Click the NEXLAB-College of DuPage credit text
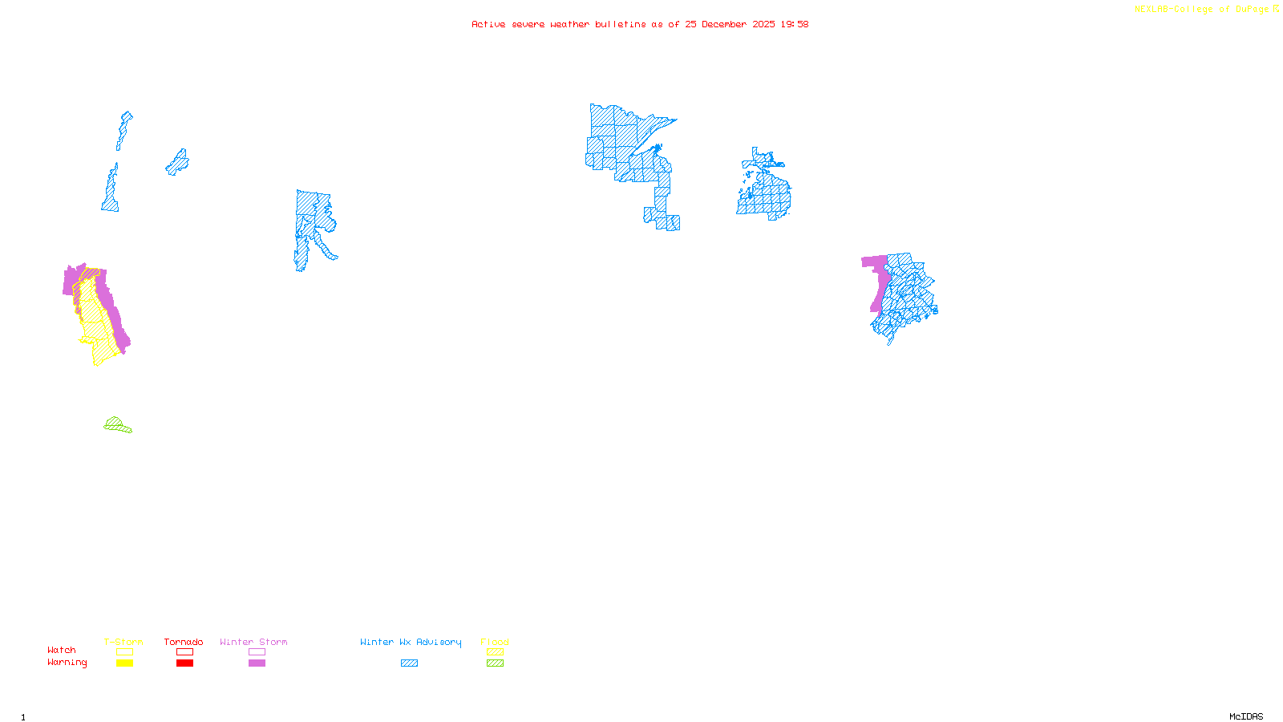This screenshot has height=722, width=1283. tap(1201, 10)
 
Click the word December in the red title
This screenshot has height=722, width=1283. tap(723, 24)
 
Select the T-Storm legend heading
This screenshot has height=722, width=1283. tap(123, 642)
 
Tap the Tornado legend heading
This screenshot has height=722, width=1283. tap(184, 642)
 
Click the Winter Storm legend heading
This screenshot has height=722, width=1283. tap(253, 642)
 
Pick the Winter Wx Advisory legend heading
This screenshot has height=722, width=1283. tap(411, 642)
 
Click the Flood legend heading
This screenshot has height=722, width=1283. tap(495, 642)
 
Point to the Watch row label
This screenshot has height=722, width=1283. tap(62, 650)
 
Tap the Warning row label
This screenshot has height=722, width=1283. tap(67, 663)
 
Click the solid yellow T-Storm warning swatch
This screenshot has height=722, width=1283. tap(124, 663)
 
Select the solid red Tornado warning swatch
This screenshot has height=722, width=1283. tap(184, 663)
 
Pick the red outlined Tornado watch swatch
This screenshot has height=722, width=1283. tap(184, 652)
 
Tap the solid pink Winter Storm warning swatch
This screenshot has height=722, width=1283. tap(257, 663)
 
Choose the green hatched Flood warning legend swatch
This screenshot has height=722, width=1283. tap(495, 663)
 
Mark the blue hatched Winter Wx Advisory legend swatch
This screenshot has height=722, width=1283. tap(409, 663)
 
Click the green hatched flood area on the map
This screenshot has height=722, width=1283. tap(116, 425)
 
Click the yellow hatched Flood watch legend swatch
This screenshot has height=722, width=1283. tap(495, 652)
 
